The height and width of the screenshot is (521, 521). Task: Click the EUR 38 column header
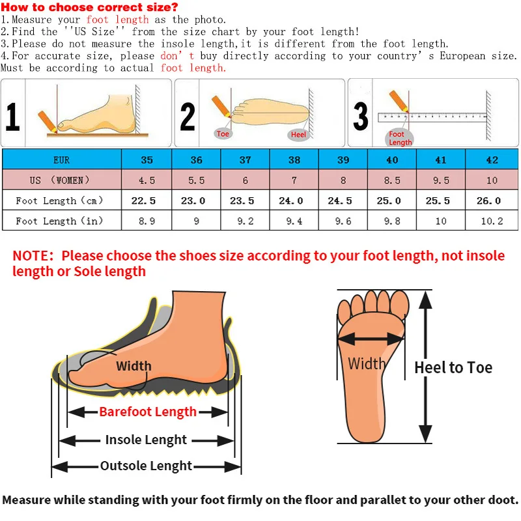tap(294, 160)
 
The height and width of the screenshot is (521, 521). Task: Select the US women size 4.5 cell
tap(147, 180)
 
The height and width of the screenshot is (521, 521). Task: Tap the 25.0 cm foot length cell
tap(391, 201)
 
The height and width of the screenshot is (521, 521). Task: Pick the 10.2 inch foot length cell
tap(492, 221)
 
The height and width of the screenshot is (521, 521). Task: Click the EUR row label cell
tap(61, 160)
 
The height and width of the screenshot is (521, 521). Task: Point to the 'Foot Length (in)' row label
tap(60, 221)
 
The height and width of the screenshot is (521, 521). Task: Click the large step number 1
tap(13, 117)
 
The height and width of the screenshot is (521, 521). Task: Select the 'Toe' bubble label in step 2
tap(223, 134)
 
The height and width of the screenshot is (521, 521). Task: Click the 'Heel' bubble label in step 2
tap(298, 134)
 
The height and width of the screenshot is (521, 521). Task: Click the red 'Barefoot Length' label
tap(148, 412)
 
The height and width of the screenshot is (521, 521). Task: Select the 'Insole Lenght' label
tap(147, 440)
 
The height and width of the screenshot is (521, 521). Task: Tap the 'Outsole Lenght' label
tap(147, 466)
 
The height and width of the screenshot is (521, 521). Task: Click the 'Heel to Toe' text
tap(453, 368)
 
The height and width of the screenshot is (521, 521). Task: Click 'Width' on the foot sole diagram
tap(367, 363)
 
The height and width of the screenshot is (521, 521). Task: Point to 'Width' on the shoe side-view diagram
tap(134, 366)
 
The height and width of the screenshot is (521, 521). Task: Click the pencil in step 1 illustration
tap(47, 120)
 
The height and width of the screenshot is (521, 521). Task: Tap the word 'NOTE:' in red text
tap(35, 256)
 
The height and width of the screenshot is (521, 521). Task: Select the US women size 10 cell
tap(492, 180)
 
